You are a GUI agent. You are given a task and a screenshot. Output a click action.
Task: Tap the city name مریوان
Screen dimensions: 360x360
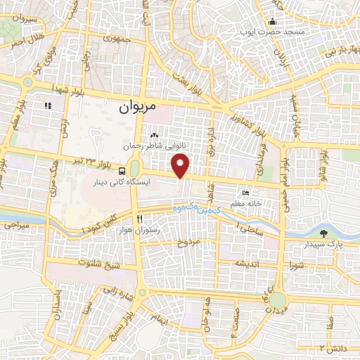coord(136,108)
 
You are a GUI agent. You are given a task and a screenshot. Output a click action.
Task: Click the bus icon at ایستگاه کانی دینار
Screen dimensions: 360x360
coord(123,170)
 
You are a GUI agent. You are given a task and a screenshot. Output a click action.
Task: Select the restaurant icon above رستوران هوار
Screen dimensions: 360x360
coord(139,219)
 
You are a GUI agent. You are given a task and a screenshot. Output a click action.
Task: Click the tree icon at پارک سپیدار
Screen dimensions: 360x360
coord(323,233)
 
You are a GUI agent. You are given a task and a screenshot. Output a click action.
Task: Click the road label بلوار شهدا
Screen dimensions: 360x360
coord(67,89)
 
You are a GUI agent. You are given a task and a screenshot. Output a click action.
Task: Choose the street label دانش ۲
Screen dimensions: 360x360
coord(333,348)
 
